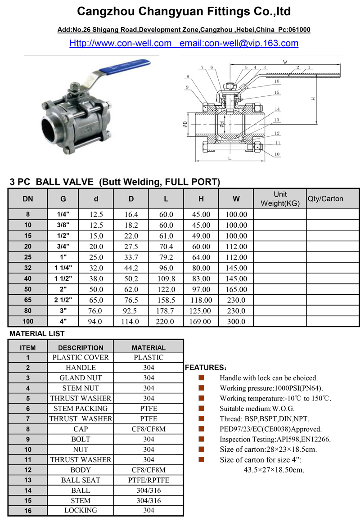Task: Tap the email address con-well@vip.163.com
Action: tap(238, 43)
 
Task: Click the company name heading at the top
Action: tap(184, 12)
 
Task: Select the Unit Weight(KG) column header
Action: tap(280, 198)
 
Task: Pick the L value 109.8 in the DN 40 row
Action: tap(166, 279)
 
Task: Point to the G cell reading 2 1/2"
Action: tap(63, 300)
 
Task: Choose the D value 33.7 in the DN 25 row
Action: tap(131, 257)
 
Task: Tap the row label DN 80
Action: tap(28, 310)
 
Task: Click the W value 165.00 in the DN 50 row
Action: tap(236, 289)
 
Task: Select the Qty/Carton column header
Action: tap(325, 198)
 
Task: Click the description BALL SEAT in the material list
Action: tap(81, 480)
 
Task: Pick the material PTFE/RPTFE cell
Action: tap(148, 480)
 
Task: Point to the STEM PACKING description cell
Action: tap(81, 409)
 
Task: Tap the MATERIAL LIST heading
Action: tap(37, 334)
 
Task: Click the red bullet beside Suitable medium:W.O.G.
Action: tap(202, 409)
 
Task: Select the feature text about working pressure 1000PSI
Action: tap(271, 388)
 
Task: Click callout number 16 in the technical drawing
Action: tap(277, 81)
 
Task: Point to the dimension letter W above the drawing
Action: tap(285, 62)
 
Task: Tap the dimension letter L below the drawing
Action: tap(230, 158)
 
